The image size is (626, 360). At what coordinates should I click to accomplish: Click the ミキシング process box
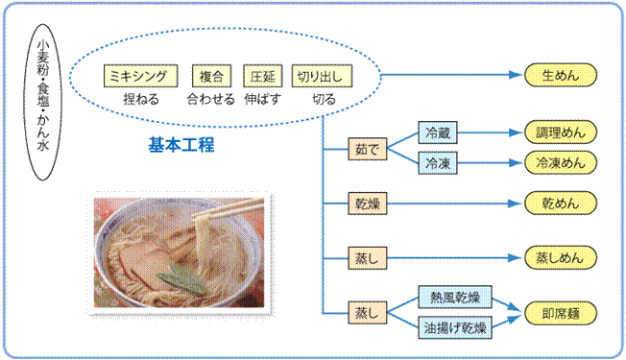[140, 75]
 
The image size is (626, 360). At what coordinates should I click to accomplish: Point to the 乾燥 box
[369, 204]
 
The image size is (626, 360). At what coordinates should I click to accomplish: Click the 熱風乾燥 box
[454, 299]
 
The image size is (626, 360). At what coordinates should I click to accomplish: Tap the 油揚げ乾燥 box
[454, 328]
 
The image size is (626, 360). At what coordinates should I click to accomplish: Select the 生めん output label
[561, 75]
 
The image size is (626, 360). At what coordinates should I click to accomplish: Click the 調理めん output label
[561, 132]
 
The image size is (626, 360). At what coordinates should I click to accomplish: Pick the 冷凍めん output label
[561, 163]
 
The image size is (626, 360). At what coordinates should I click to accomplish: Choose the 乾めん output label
[561, 204]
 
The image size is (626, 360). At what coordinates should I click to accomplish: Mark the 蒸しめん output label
[561, 258]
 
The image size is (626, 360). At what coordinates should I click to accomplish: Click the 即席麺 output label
[561, 313]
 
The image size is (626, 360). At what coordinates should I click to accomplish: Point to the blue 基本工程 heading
[181, 146]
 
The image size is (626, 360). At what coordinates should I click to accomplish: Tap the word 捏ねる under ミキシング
[140, 99]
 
